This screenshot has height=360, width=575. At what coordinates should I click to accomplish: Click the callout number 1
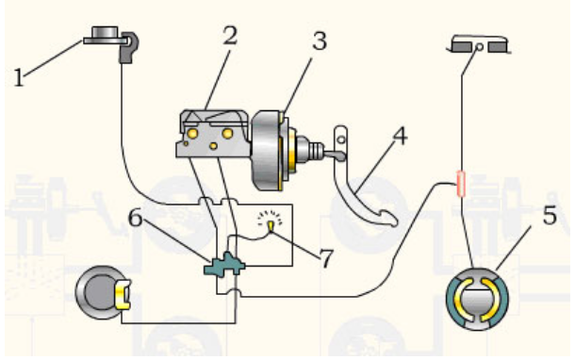click(x=19, y=77)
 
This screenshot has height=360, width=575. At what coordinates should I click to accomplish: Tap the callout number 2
click(x=230, y=36)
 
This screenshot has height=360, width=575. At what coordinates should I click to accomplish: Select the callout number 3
click(x=320, y=41)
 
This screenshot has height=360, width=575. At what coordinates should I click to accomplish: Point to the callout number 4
click(x=400, y=136)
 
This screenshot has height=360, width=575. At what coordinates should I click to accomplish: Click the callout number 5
click(x=550, y=215)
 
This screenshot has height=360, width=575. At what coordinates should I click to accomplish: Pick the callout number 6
click(x=135, y=218)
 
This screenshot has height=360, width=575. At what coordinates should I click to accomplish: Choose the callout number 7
click(x=327, y=258)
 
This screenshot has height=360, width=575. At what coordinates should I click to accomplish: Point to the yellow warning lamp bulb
click(x=271, y=225)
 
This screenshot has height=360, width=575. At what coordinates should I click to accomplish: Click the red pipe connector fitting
click(x=461, y=184)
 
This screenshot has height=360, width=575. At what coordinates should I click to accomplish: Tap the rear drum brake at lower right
click(x=477, y=299)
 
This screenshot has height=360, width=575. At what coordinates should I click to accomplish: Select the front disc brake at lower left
click(x=101, y=292)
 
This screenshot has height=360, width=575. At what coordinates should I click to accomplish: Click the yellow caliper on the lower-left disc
click(x=123, y=294)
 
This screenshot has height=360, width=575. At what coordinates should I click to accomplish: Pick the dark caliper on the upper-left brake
click(x=129, y=47)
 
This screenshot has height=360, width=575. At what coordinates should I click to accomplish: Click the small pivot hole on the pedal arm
click(x=341, y=139)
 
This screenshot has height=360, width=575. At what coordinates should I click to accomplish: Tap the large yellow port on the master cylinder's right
click(x=227, y=133)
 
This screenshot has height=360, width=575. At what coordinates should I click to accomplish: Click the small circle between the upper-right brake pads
click(x=479, y=47)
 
